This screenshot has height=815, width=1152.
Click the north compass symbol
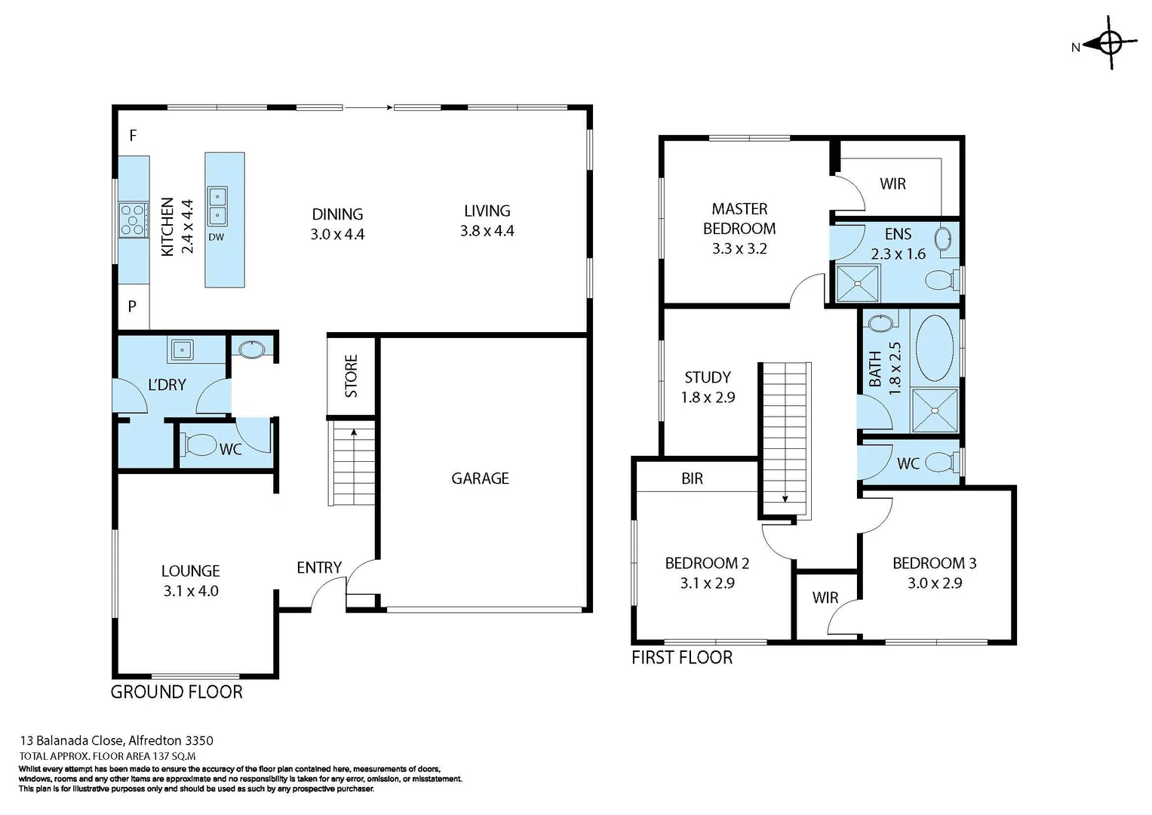coord(1111,44)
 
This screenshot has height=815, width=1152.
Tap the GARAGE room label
coord(480,478)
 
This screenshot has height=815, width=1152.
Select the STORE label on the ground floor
coord(351,376)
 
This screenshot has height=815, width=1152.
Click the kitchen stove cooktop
coord(134,220)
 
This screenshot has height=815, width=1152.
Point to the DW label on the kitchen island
coord(216,237)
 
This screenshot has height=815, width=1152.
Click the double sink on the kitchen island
coord(217,206)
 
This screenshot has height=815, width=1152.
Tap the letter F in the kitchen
coord(133,136)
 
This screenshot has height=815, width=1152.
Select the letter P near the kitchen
coord(132,306)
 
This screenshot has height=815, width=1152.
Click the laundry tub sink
coord(182,350)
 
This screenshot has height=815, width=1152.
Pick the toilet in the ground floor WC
coord(199,445)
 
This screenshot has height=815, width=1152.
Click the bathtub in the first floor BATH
coord(934,348)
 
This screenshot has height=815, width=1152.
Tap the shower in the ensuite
coord(859,284)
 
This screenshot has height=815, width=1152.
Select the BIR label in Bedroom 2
coord(692,478)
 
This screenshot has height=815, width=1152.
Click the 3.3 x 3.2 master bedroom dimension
coord(739,249)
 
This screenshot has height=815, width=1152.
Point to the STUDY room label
coord(707,377)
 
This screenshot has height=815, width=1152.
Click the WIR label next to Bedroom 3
coord(825,598)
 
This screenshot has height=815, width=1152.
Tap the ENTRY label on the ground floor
coord(319,567)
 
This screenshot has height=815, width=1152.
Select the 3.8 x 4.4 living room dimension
coord(487,232)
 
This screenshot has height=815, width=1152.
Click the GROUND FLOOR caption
coord(177,692)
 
